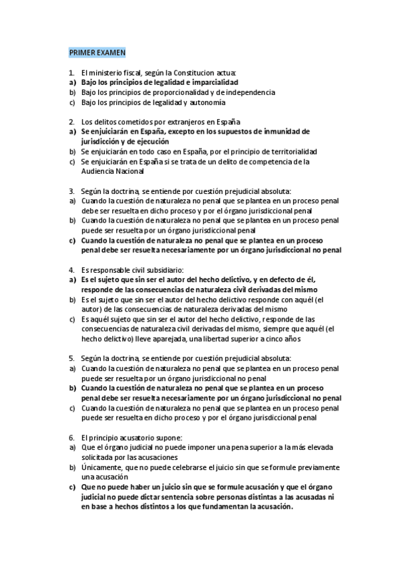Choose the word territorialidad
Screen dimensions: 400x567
[x=288, y=151]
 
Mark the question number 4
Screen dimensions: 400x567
[x=71, y=269]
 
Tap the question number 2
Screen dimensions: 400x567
[x=71, y=122]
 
